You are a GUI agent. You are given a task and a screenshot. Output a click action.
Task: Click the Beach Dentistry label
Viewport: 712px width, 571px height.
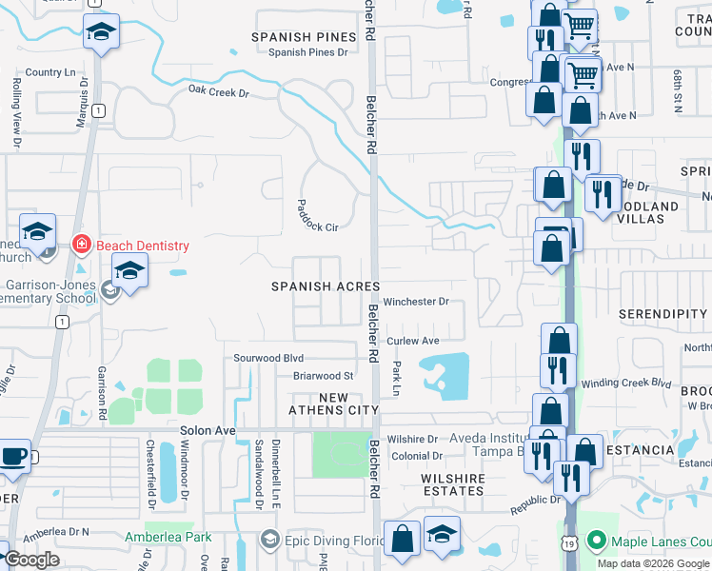(x=142, y=246)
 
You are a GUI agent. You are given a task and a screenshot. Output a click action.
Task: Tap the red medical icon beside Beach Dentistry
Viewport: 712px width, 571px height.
(x=82, y=246)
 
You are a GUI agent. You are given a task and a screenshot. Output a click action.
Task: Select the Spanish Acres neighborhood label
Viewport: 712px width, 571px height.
(x=326, y=286)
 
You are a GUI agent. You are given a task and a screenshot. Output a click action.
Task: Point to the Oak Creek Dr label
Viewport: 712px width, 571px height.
(x=218, y=92)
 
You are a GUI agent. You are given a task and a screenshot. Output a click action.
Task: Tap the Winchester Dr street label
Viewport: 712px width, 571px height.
(x=416, y=302)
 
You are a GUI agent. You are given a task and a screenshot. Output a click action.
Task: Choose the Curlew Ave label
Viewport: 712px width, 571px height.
(x=413, y=341)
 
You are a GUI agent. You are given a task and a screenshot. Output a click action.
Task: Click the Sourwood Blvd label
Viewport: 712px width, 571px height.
(x=268, y=358)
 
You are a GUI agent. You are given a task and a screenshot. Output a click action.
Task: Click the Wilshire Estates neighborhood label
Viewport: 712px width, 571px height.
(x=453, y=485)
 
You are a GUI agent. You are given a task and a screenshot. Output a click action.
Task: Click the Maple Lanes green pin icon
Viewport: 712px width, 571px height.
(x=597, y=542)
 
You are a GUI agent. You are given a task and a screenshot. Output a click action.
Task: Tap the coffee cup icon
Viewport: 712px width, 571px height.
(x=13, y=456)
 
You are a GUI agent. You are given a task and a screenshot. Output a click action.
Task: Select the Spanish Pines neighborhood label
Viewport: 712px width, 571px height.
(x=304, y=37)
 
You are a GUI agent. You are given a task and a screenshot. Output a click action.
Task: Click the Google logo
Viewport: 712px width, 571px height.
(x=31, y=560)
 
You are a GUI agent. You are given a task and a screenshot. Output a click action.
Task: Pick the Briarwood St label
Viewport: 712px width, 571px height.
(x=323, y=376)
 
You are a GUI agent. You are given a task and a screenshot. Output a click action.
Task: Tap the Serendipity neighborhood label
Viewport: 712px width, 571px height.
(x=663, y=314)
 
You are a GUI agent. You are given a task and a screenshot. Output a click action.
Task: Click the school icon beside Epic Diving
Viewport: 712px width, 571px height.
(x=269, y=541)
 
